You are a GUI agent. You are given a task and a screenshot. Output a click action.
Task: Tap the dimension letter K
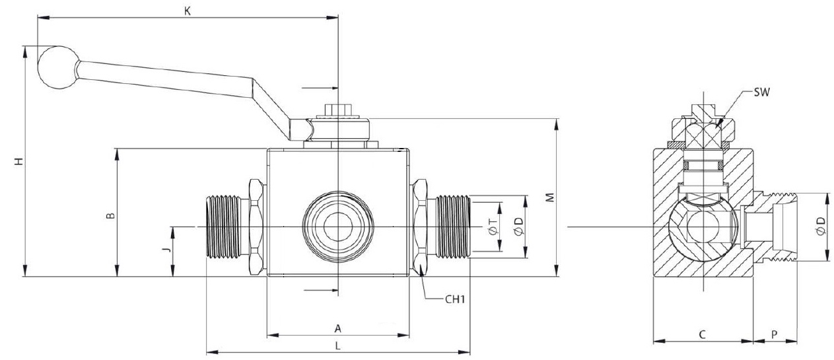coord(188,11)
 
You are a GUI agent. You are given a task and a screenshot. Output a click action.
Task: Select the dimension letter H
coord(20,161)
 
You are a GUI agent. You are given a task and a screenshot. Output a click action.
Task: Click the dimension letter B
coord(112,215)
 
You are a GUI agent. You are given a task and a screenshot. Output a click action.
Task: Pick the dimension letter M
coord(549,198)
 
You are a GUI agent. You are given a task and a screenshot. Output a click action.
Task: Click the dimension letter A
coord(337,328)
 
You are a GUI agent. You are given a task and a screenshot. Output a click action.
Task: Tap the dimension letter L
coord(337,345)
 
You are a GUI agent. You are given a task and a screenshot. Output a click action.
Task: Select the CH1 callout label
coord(456,299)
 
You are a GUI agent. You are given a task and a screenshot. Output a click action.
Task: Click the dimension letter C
coord(703,335)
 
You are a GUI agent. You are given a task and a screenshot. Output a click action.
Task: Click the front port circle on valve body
coord(337,227)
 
